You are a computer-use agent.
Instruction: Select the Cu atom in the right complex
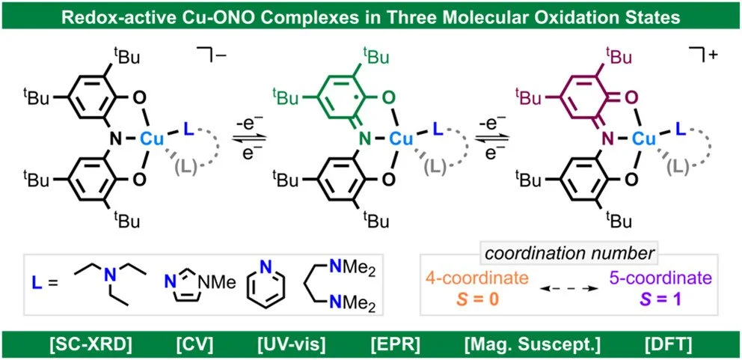tap(643, 138)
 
